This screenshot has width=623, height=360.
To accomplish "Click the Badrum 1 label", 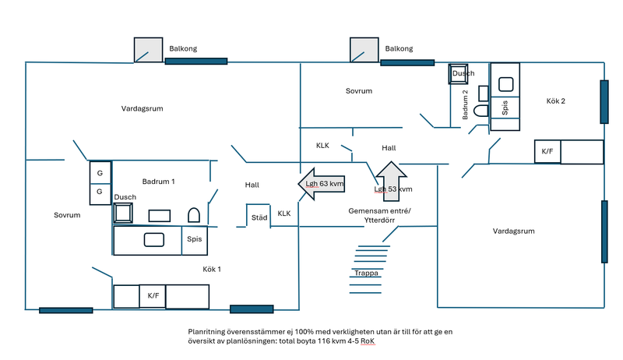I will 158,181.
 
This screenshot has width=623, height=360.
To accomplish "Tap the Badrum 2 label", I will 465,104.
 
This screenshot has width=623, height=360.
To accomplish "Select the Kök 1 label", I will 213,269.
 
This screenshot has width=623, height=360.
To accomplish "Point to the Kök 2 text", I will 555,101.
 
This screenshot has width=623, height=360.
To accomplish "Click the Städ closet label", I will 259,217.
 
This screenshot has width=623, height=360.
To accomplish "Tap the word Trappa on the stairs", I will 365,274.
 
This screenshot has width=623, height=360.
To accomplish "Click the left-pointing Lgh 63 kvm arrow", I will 322,184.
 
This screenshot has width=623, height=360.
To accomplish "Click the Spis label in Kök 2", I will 505,108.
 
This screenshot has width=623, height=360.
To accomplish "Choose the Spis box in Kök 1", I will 195,240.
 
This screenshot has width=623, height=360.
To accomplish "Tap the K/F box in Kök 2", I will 547,151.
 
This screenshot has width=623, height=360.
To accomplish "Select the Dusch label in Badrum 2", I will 463,74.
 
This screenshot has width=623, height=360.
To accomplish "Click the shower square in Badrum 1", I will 125,213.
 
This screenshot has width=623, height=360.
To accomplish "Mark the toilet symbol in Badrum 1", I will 195,214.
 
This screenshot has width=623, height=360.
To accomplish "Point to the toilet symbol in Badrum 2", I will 480,111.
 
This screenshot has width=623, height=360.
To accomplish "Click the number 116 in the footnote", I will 322,341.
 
